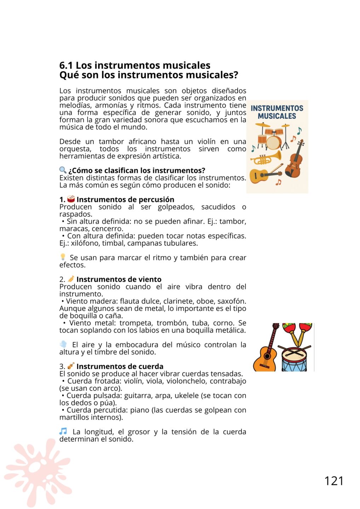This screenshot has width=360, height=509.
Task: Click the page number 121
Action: tap(334, 481)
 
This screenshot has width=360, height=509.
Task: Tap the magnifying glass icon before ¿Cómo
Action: tap(63, 170)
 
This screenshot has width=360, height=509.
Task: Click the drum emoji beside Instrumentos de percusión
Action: tap(71, 199)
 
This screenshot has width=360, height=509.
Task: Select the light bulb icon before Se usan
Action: tap(63, 257)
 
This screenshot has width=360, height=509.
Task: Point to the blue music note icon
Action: tap(63, 431)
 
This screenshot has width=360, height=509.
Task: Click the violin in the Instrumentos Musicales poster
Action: tap(295, 160)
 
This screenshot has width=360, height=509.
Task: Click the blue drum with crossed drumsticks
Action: tap(294, 359)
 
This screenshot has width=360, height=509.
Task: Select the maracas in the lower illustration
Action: tap(298, 332)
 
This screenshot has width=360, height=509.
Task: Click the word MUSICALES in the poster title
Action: tap(277, 116)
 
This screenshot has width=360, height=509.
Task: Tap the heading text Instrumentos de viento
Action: tap(119, 279)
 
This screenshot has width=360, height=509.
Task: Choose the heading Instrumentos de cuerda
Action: tap(120, 366)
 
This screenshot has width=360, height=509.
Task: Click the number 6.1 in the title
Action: tap(66, 65)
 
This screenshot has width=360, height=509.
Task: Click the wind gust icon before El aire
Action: tap(63, 344)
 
